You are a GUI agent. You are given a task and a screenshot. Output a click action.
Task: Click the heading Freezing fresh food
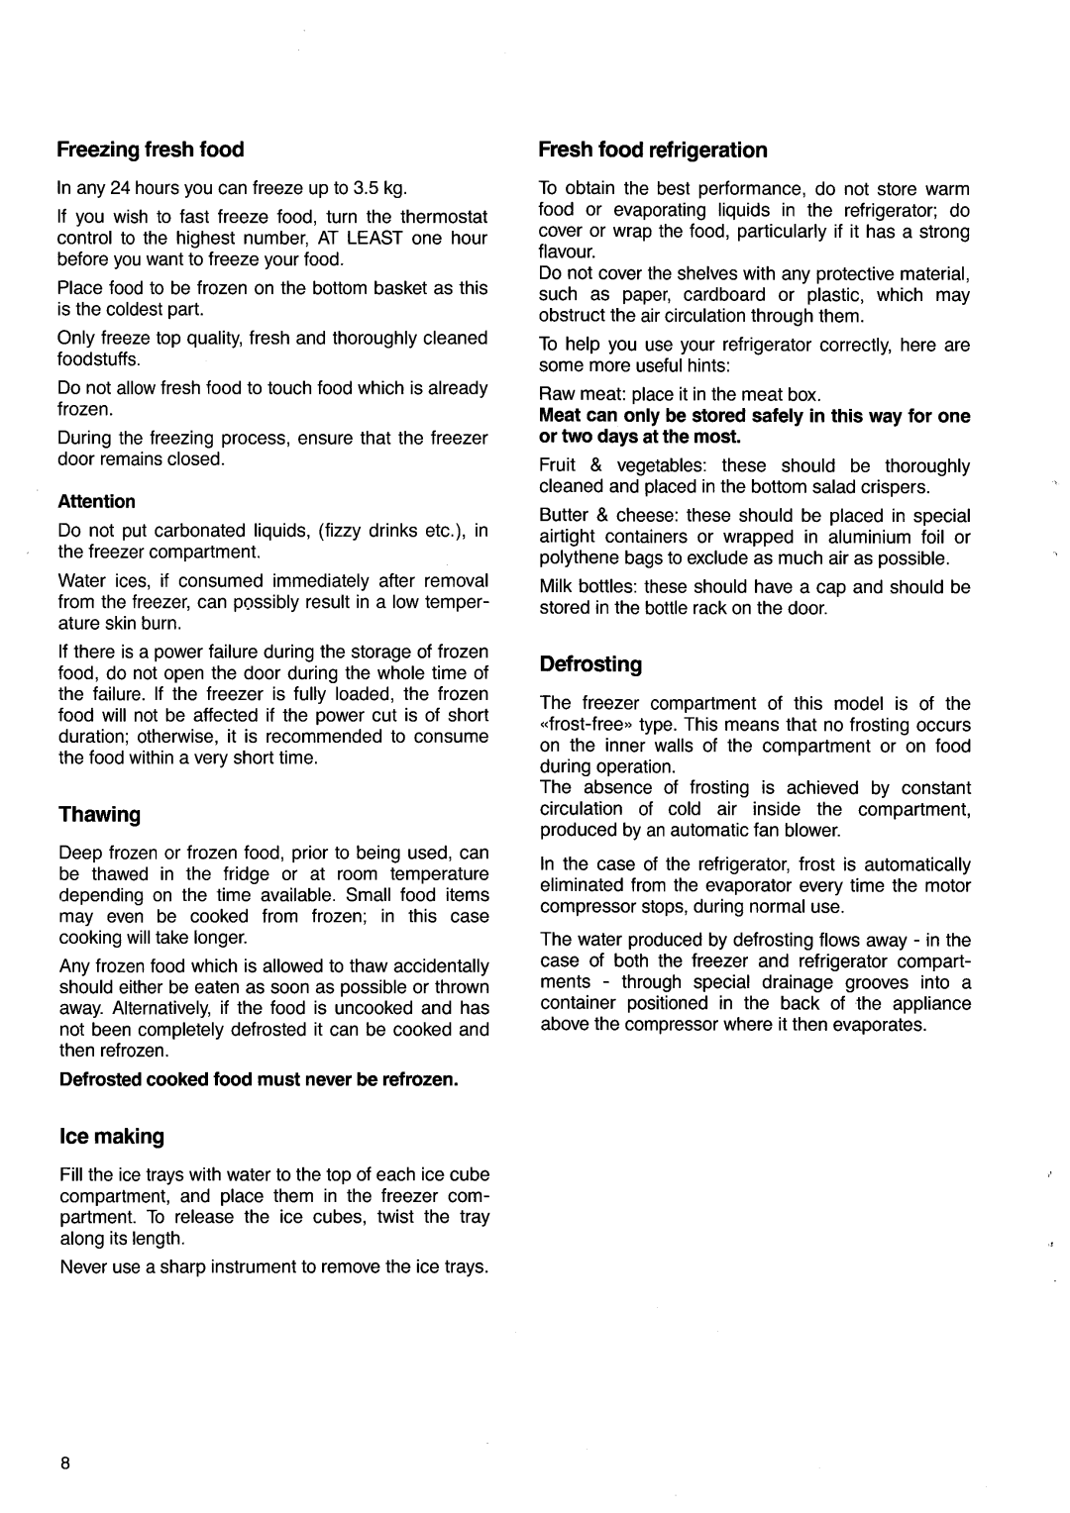[150, 150]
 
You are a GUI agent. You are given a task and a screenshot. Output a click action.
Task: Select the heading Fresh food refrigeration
[653, 150]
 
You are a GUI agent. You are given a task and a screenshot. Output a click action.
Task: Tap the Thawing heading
[100, 814]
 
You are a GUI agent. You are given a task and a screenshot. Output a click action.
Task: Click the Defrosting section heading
[590, 662]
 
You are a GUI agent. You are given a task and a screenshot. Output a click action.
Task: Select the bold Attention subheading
[96, 502]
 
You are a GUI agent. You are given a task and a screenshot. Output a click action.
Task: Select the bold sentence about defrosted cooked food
[259, 1078]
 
